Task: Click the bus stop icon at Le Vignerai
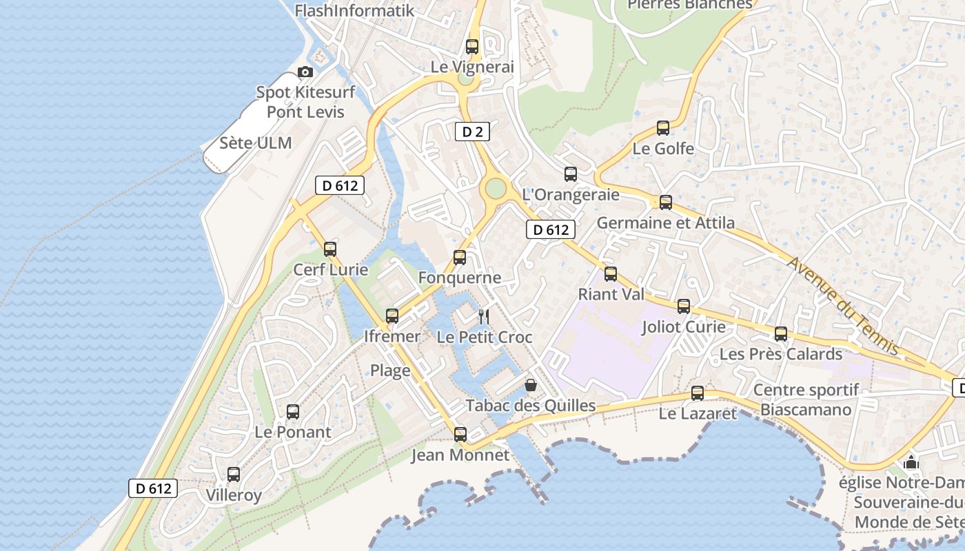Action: click(472, 47)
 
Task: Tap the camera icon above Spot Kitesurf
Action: click(305, 72)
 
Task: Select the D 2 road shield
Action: click(472, 132)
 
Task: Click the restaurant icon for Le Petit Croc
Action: click(484, 316)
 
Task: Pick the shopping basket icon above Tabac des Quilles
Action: click(531, 384)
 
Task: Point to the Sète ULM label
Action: click(256, 143)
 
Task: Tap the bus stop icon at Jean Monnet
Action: click(460, 435)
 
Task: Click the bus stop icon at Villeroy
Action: click(234, 475)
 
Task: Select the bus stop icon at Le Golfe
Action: click(663, 128)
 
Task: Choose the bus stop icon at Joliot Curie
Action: click(684, 306)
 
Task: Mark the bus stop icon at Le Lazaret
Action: click(698, 393)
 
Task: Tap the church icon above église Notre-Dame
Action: click(911, 462)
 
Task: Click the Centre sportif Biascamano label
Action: click(806, 400)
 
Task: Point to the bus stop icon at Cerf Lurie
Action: click(330, 249)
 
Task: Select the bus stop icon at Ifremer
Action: click(392, 316)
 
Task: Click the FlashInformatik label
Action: click(354, 10)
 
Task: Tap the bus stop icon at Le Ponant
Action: click(293, 412)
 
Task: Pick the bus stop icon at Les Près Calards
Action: click(781, 334)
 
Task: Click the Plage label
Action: click(390, 371)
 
